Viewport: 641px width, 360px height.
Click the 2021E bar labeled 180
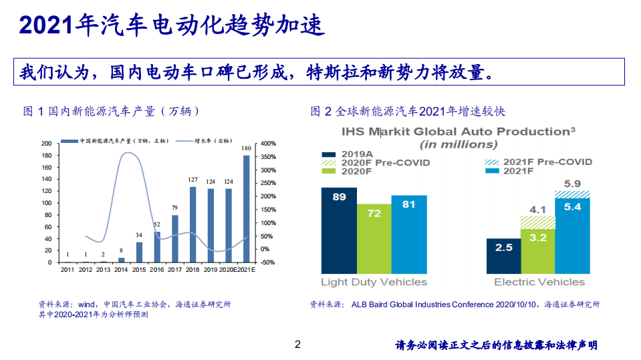pos(247,208)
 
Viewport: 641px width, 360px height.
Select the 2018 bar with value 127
pos(193,224)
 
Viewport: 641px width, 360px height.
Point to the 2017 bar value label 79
pos(174,208)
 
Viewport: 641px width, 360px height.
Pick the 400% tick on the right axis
pos(269,144)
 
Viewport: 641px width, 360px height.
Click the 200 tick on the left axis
pos(46,144)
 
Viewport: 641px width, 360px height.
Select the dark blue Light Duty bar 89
pos(339,230)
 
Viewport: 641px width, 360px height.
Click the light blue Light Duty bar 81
pos(408,234)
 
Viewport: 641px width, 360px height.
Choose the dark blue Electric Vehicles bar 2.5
pos(503,256)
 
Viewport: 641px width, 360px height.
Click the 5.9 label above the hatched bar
pos(573,184)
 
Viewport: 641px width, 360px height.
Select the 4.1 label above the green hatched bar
pos(538,209)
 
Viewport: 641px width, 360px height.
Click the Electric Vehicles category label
pos(537,282)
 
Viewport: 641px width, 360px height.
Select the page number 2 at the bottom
pos(298,345)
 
